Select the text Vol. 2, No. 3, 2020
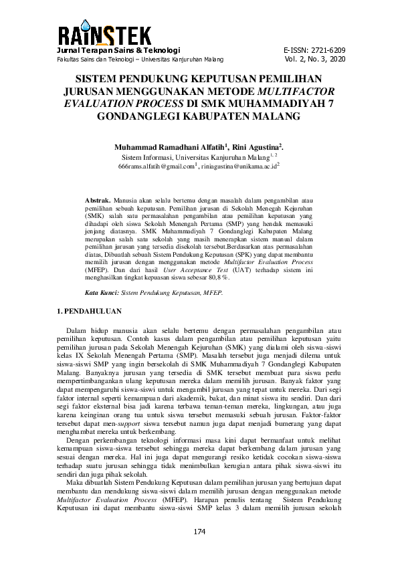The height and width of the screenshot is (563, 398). point(315,60)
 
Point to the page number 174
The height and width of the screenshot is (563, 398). point(199,532)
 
